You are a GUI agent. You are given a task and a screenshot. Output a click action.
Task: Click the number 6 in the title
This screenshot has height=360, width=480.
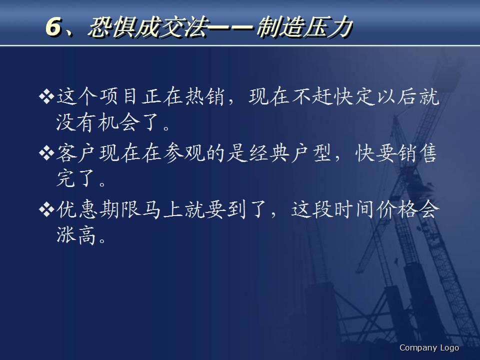tap(53, 27)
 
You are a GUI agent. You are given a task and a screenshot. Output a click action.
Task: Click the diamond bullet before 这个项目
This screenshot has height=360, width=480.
tap(46, 96)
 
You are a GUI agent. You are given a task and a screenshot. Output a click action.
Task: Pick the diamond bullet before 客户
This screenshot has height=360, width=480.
tap(46, 154)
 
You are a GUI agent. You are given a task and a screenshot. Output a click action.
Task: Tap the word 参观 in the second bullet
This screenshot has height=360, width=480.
tap(189, 154)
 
